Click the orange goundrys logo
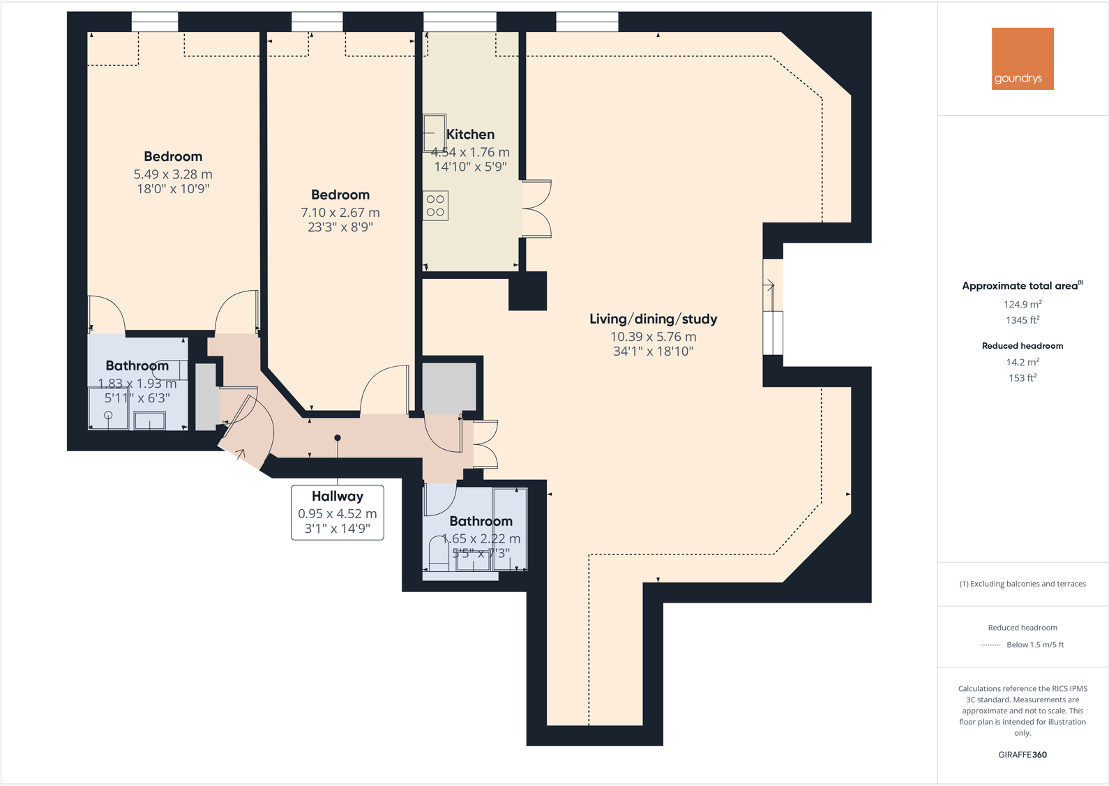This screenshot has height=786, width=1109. point(1023,59)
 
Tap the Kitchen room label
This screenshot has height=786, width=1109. point(471,135)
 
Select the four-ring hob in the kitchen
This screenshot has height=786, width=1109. point(435,206)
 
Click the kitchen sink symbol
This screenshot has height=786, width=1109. point(434,133)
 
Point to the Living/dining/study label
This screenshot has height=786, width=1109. point(653,319)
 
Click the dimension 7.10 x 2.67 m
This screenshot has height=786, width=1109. point(340,213)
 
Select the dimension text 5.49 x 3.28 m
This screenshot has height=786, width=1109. point(173,174)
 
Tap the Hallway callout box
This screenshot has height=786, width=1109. point(338,513)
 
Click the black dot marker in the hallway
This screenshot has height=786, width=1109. point(338,438)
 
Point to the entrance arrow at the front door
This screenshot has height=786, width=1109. point(240,454)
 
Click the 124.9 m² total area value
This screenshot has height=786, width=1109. point(1023,304)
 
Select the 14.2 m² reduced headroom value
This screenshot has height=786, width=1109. point(1023,362)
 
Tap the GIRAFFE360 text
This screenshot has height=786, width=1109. point(1023,755)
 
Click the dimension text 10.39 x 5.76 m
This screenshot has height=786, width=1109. point(653,337)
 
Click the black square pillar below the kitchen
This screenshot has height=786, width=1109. point(527,291)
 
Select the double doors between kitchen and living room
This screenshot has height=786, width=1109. point(536,209)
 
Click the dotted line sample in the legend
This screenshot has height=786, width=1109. point(990,645)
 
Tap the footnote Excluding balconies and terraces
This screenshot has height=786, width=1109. point(1023,584)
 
